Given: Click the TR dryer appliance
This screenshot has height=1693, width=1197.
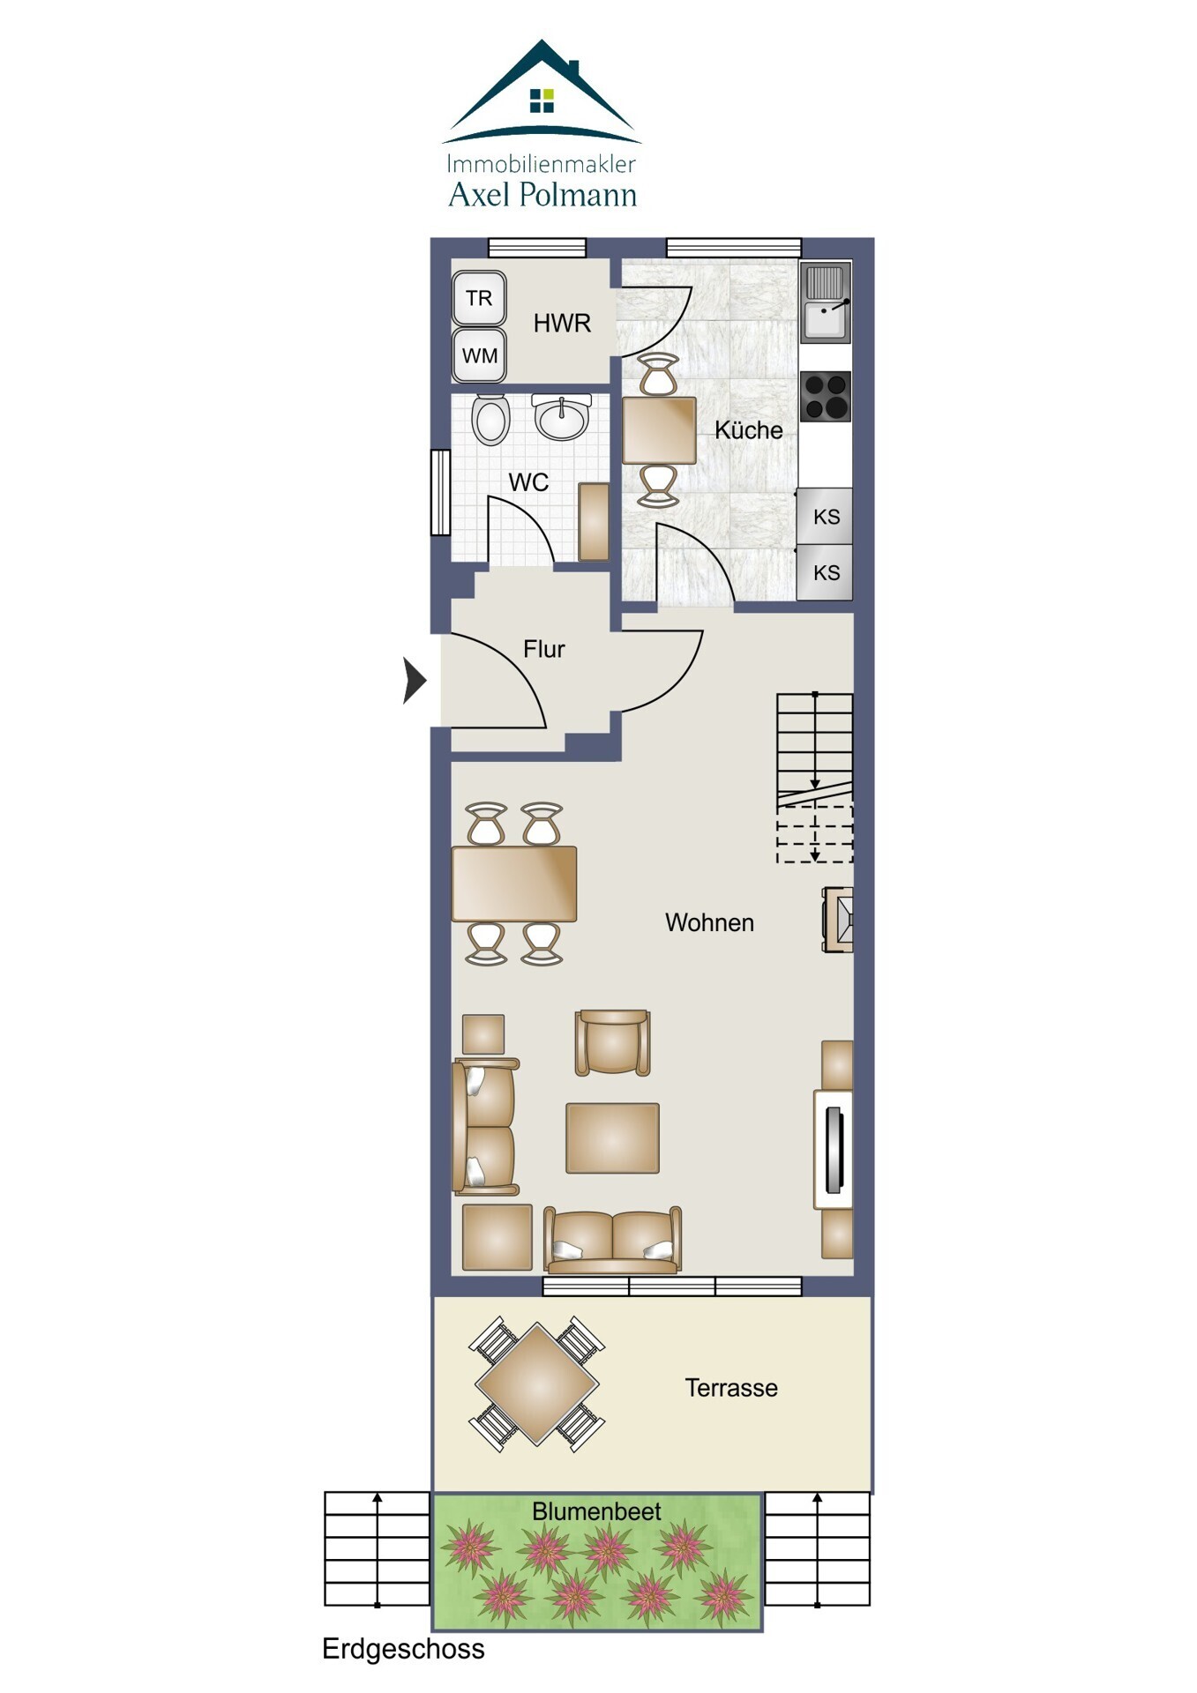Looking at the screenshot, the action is tap(479, 298).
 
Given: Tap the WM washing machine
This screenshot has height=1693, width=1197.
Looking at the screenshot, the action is tap(479, 355).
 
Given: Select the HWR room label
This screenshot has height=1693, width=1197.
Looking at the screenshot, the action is tap(562, 324).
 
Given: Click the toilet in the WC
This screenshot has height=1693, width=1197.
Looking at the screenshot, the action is tap(490, 419).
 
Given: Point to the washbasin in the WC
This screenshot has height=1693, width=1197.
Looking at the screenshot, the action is tap(561, 417).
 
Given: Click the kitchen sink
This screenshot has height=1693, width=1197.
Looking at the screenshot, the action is tap(826, 302).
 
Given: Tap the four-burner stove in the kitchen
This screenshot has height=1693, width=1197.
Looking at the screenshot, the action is tap(826, 396).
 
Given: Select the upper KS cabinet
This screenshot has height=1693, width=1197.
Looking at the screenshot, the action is tap(825, 517).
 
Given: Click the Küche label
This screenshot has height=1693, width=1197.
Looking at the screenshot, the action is tap(748, 430).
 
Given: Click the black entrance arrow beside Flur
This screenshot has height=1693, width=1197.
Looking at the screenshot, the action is tap(415, 680).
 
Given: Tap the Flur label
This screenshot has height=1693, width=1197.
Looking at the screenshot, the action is tap(543, 649).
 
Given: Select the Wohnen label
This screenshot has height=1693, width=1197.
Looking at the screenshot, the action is tap(709, 922).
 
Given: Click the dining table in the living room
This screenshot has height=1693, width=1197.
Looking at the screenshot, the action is tap(514, 884).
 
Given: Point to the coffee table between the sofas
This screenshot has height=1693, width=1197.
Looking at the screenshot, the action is tap(612, 1137).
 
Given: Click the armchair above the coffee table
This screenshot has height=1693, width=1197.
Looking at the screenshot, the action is tap(613, 1042).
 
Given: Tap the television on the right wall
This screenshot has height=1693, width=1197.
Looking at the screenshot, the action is tap(833, 1149).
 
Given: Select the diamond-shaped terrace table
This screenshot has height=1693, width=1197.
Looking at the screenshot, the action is tap(537, 1384).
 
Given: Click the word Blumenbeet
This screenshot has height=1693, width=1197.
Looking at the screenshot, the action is tap(596, 1511).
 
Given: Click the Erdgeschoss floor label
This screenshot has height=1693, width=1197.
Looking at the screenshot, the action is tap(403, 1649).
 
